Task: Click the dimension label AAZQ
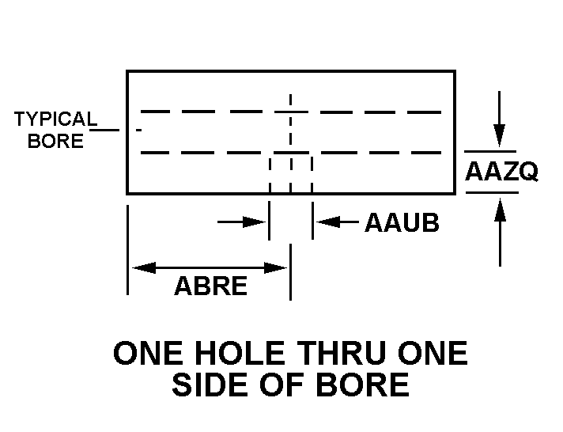(x=501, y=171)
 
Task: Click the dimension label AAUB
(x=402, y=223)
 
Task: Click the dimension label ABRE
(x=210, y=286)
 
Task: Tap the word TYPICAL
(x=55, y=120)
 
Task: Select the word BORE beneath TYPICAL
(x=55, y=142)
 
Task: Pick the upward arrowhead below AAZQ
(x=499, y=209)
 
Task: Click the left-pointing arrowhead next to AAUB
(x=324, y=223)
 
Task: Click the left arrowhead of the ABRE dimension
(x=141, y=268)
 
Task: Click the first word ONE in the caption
(x=145, y=354)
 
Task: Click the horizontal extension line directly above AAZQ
(x=490, y=150)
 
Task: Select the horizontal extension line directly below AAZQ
(x=490, y=192)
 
